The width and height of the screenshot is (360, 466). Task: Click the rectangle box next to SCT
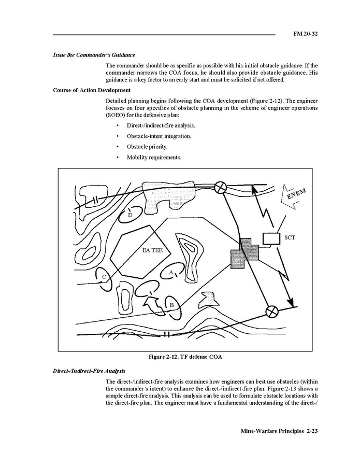point(271,238)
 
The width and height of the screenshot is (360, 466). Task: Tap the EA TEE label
point(152,250)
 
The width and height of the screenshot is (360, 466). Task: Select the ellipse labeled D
point(129,215)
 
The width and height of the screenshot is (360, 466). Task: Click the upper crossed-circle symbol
point(221,187)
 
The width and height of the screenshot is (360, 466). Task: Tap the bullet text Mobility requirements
point(154,158)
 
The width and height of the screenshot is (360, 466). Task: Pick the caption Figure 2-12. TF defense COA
point(185,357)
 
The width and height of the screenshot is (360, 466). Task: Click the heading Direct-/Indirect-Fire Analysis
point(89,371)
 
